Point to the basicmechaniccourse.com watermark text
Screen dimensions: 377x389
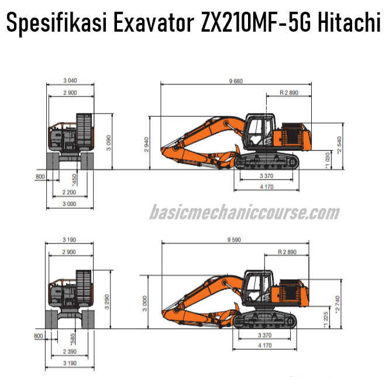pos(244,212)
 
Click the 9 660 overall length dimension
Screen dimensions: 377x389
pos(236,81)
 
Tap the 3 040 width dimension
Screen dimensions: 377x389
pos(70,81)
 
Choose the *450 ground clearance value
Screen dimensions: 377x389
pos(74,178)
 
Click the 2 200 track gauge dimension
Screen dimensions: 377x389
pos(70,192)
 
